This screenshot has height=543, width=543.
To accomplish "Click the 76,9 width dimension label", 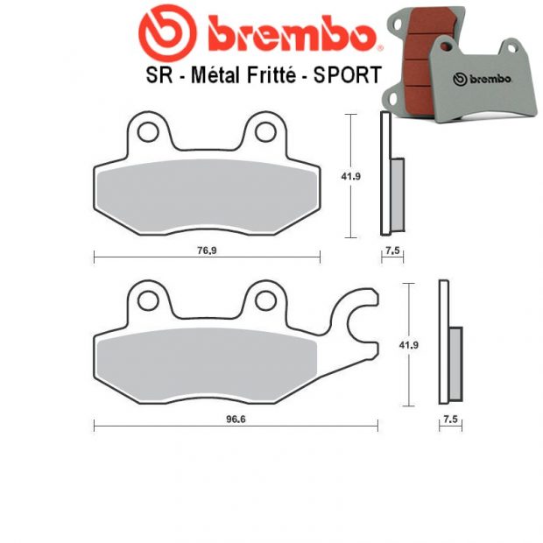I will coord(206,250).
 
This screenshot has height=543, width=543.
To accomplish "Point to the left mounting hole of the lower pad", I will coord(145,300).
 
